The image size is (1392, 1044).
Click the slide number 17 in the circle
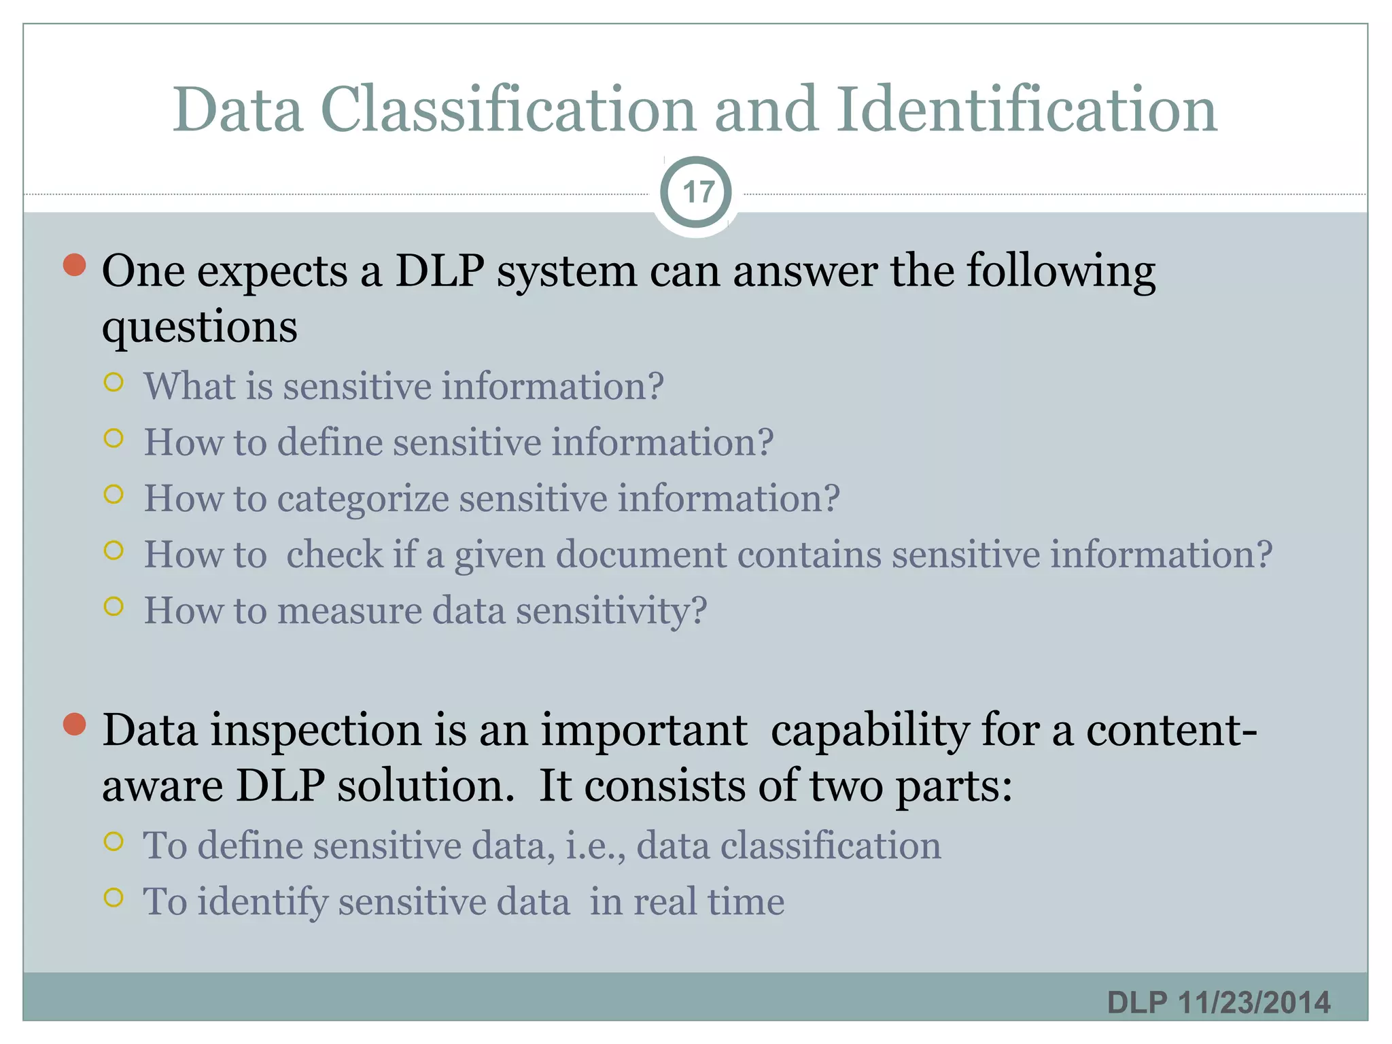tap(697, 193)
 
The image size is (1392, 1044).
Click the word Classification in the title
tap(508, 110)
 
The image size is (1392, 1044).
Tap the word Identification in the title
tap(1026, 110)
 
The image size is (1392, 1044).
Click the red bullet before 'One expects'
tap(74, 265)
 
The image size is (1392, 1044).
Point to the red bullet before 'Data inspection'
tap(74, 725)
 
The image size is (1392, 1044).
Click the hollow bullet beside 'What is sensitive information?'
tap(114, 383)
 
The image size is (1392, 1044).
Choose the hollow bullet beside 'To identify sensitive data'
tap(114, 899)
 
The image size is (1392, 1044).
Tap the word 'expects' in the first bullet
tap(273, 272)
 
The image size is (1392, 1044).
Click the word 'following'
tap(1061, 272)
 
